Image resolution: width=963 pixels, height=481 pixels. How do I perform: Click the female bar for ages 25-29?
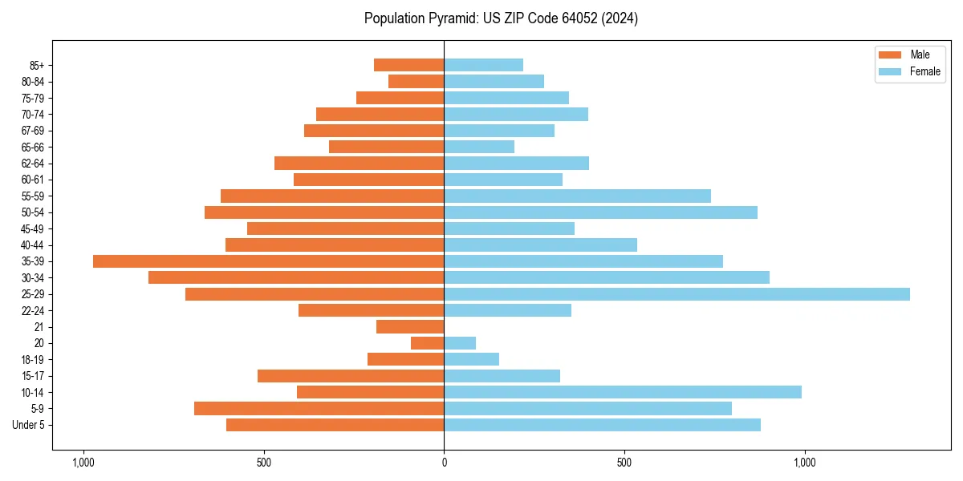677,294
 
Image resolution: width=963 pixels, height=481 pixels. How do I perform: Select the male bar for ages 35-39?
269,261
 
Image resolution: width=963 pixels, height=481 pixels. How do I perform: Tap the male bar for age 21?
410,327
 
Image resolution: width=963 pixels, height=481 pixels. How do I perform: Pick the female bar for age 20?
460,343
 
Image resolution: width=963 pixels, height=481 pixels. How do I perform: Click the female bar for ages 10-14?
623,392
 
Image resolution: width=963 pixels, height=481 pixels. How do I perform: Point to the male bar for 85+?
409,65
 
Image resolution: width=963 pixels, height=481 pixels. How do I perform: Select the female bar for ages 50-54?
600,212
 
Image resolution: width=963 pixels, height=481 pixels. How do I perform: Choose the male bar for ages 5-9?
319,409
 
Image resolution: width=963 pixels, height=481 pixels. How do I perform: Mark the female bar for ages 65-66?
479,147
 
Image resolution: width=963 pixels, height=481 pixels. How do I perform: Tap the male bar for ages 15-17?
351,376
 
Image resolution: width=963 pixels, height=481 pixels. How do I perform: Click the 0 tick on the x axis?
444,463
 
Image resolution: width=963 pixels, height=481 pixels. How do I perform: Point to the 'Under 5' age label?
29,425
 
